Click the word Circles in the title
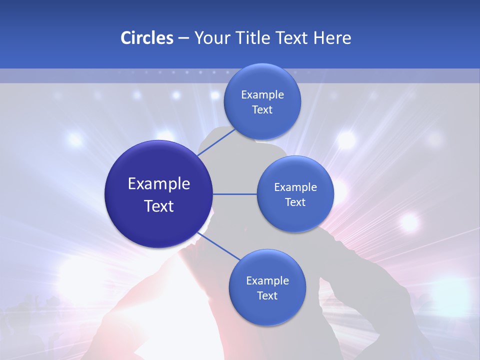(146, 38)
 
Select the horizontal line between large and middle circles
(234, 194)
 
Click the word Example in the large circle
(159, 184)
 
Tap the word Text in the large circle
(159, 206)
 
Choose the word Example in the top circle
(262, 95)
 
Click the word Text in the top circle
(262, 110)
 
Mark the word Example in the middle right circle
(295, 187)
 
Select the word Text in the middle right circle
(295, 202)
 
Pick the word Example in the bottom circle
(267, 281)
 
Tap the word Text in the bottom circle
(267, 295)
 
